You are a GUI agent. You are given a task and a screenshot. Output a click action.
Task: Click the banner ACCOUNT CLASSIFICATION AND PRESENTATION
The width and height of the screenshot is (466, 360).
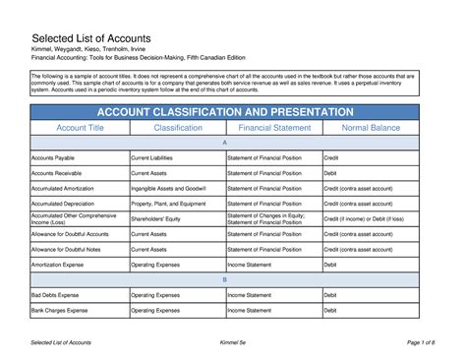[233, 112]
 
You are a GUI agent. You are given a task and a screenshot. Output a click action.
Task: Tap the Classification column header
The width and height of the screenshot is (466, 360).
[178, 129]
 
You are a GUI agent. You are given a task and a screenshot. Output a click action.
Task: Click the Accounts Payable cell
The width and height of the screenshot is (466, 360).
[54, 157]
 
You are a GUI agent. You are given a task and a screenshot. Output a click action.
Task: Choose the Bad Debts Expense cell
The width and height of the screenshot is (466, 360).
[56, 295]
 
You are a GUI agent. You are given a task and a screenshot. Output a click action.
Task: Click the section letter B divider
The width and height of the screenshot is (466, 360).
[233, 279]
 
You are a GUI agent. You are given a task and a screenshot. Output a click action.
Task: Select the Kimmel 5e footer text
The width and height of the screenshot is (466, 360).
[232, 340]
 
